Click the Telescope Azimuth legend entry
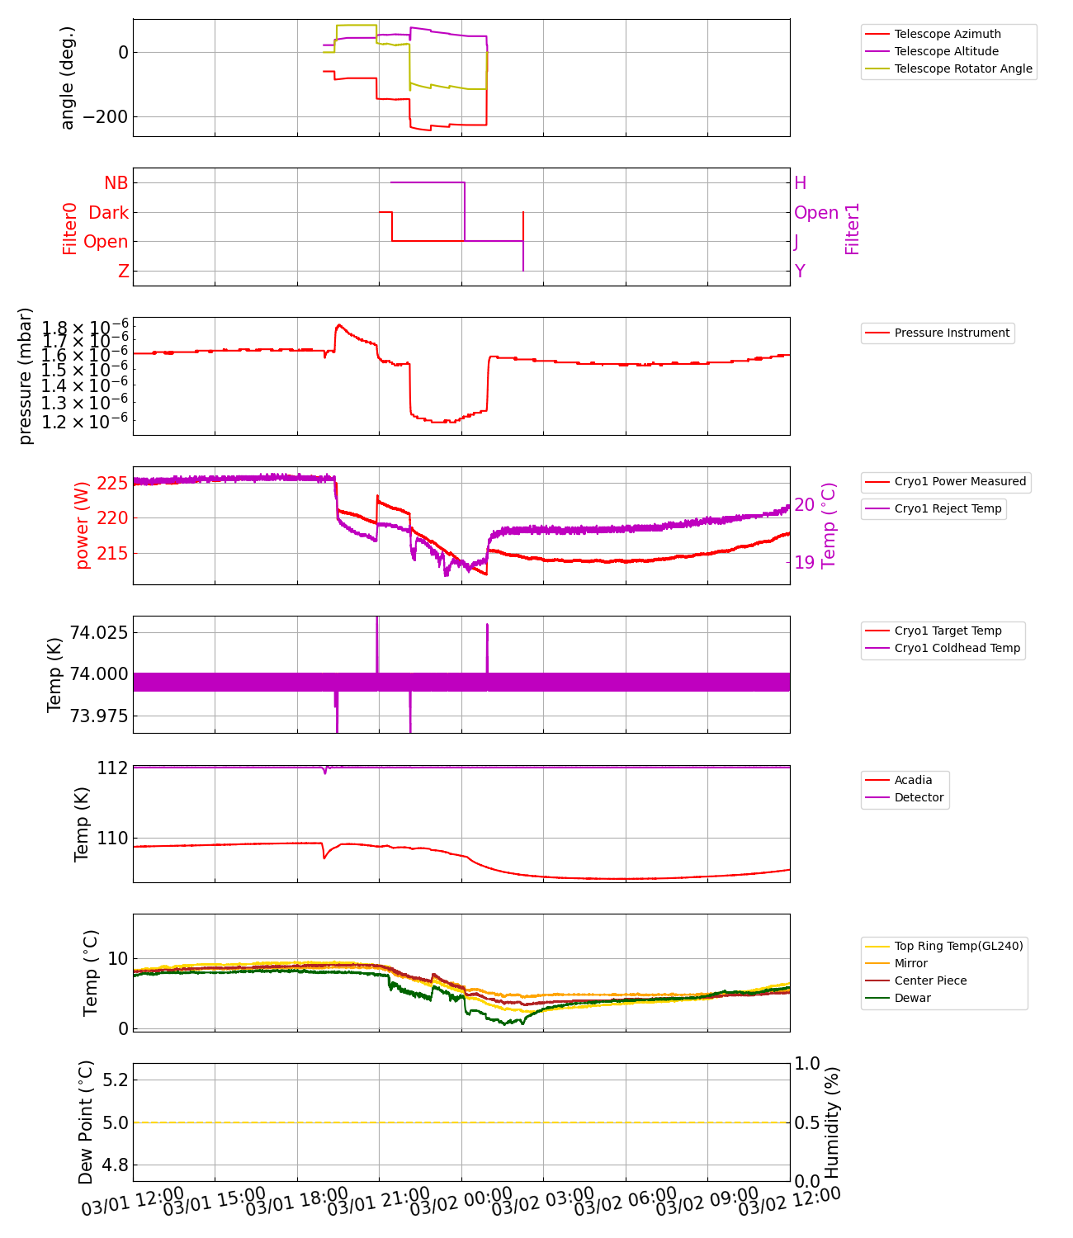pos(948,34)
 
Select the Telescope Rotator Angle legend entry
pos(963,69)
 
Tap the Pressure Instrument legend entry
pos(952,333)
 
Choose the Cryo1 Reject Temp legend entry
pos(948,508)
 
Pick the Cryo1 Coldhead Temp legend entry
pos(957,648)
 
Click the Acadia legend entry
pos(913,780)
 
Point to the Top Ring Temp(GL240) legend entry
pos(958,946)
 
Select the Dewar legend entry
pos(912,998)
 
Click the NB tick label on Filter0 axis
pos(116,183)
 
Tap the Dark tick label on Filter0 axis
pos(109,213)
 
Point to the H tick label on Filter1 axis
pos(800,183)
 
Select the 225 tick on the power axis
pos(112,483)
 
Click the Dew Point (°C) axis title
pos(86,1122)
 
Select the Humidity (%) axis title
pos(832,1122)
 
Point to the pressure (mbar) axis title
pos(26,376)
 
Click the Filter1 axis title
pos(853,229)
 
